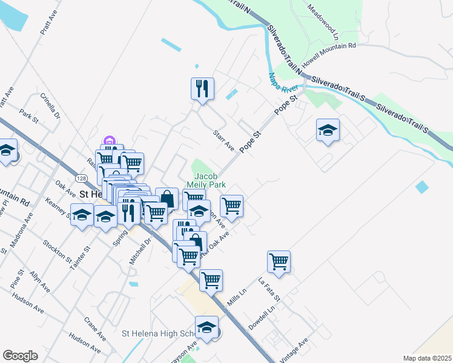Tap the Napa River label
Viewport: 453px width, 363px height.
pyautogui.click(x=279, y=83)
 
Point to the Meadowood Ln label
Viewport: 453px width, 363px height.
pyautogui.click(x=322, y=19)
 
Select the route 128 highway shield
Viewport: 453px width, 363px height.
pyautogui.click(x=80, y=178)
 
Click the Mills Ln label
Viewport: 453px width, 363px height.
pyautogui.click(x=236, y=296)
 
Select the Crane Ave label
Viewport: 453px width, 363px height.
pyautogui.click(x=95, y=329)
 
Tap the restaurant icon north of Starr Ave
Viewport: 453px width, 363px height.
pyautogui.click(x=202, y=88)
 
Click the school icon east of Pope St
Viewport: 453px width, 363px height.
pyautogui.click(x=328, y=129)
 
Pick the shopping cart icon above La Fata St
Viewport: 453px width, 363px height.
pyautogui.click(x=279, y=261)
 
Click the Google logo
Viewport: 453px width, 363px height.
pyautogui.click(x=20, y=355)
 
